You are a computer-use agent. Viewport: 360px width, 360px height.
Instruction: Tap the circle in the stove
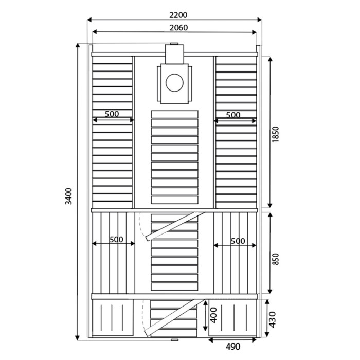[174, 82]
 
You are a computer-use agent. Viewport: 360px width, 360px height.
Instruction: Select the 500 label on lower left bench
[116, 239]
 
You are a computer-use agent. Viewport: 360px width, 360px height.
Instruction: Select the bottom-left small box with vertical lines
[113, 319]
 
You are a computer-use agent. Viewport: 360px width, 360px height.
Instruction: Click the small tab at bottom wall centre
[174, 339]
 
